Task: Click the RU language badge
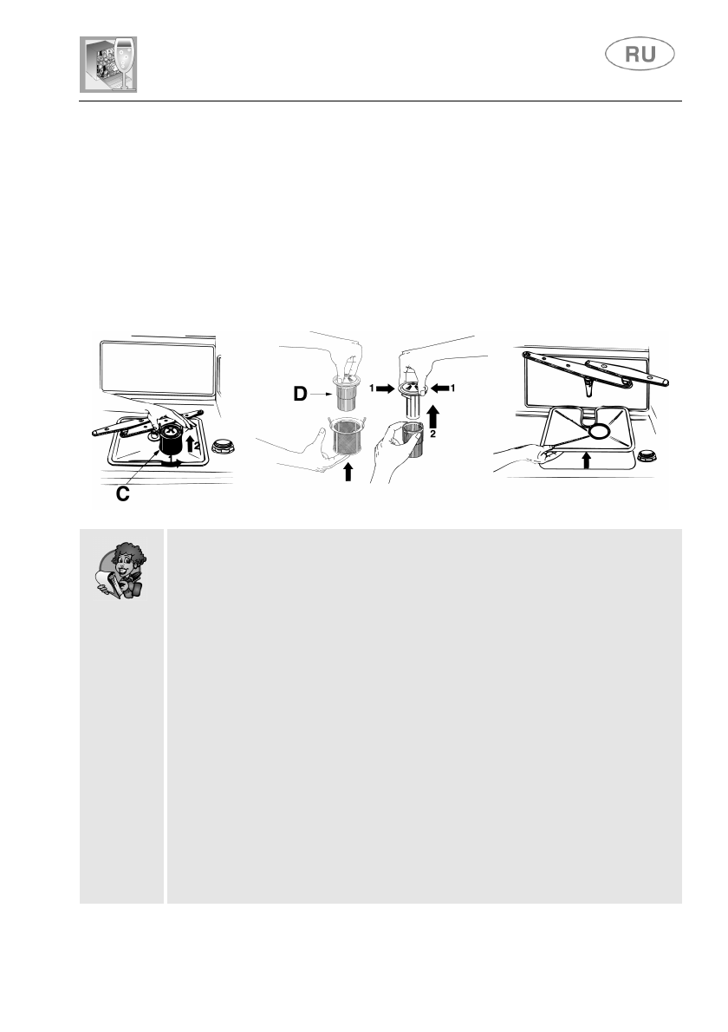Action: (640, 56)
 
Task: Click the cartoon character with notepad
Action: (122, 570)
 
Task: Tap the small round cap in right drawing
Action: (647, 457)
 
